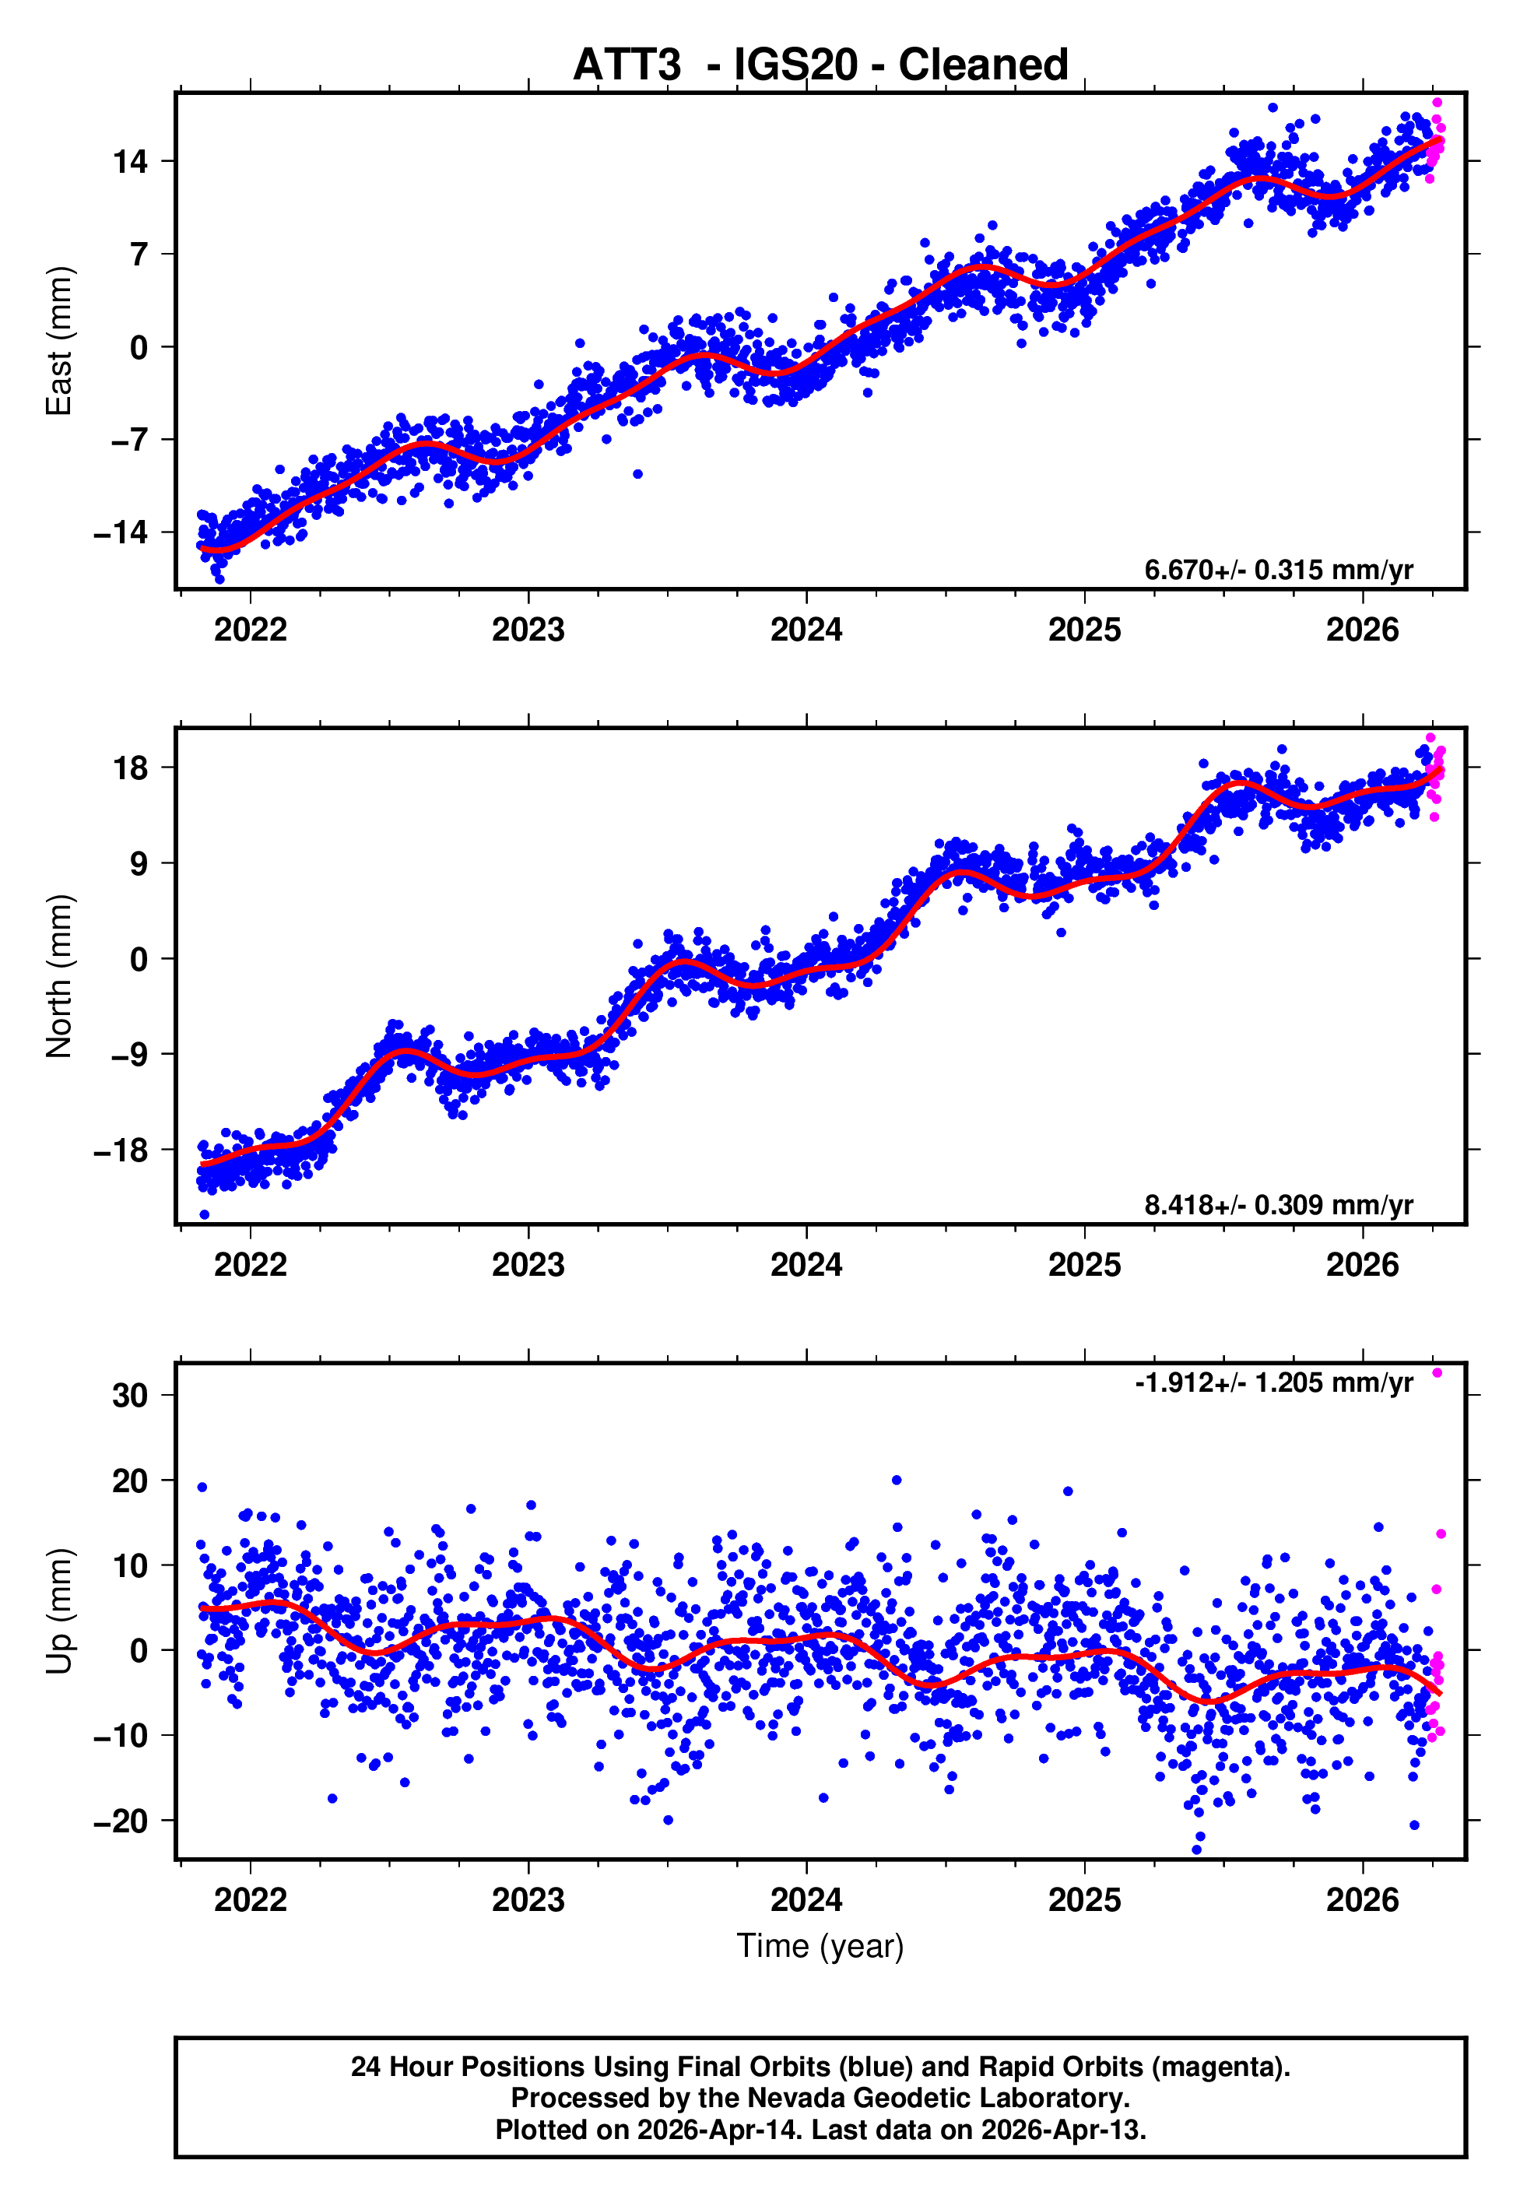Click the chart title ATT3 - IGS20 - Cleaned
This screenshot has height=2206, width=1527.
point(820,65)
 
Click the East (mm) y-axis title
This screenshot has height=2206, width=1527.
point(59,341)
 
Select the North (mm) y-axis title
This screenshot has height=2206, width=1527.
point(59,976)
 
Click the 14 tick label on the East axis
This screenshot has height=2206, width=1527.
point(130,162)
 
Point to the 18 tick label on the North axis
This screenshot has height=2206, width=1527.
point(130,768)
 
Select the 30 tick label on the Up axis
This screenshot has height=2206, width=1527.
point(130,1396)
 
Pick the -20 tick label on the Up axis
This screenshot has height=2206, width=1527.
point(121,1821)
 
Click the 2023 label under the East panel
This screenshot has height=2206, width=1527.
point(528,630)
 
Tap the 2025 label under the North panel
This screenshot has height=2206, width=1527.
point(1084,1265)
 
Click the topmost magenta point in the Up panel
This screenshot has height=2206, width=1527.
point(1437,1374)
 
